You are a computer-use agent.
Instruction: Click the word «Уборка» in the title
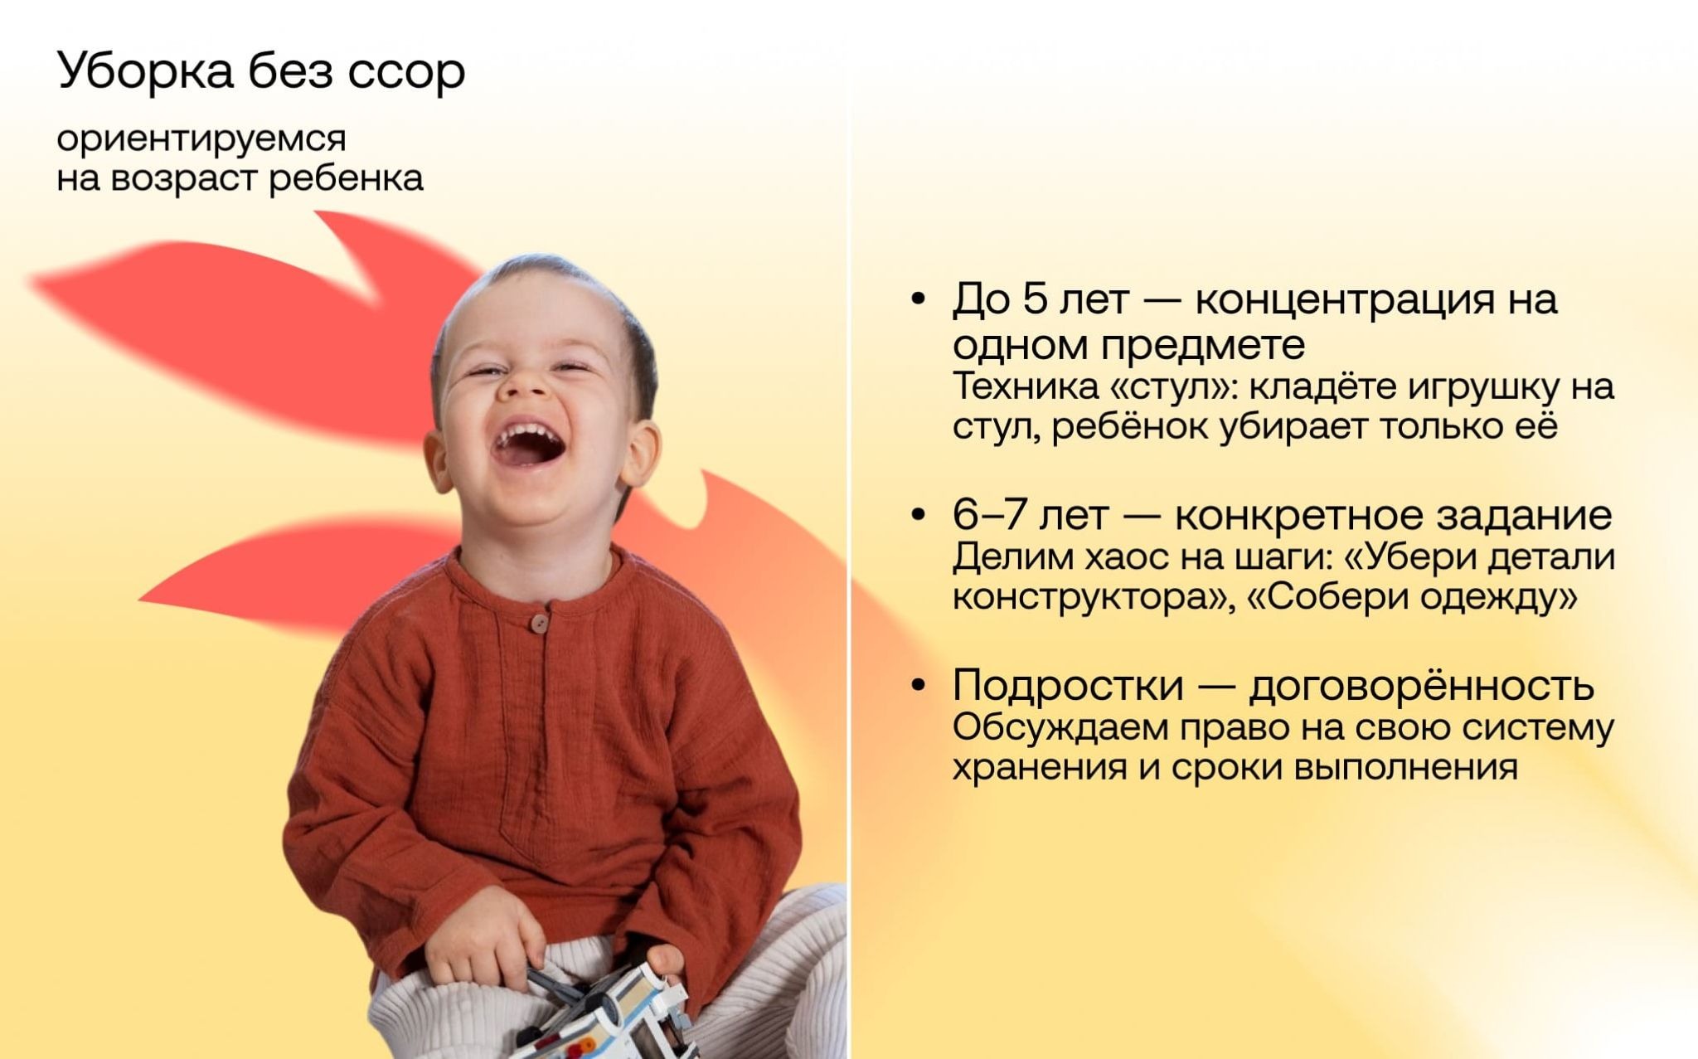click(145, 72)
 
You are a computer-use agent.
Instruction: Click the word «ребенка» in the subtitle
click(347, 177)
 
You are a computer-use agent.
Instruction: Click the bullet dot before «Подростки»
click(918, 687)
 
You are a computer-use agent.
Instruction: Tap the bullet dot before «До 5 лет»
click(918, 300)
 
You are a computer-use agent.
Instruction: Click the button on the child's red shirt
click(540, 622)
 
